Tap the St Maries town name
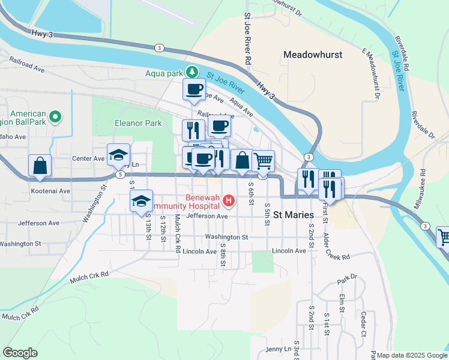tap(295, 214)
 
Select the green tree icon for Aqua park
tap(191, 72)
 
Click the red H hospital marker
tap(228, 200)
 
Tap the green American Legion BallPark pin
tap(55, 116)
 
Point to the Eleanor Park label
tap(139, 124)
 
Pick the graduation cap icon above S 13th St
tap(141, 201)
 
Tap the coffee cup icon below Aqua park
tap(194, 90)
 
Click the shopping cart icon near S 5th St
tap(262, 161)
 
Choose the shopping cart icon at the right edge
tap(444, 236)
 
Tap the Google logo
tap(20, 352)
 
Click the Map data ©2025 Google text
tap(411, 355)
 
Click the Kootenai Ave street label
tap(50, 191)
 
